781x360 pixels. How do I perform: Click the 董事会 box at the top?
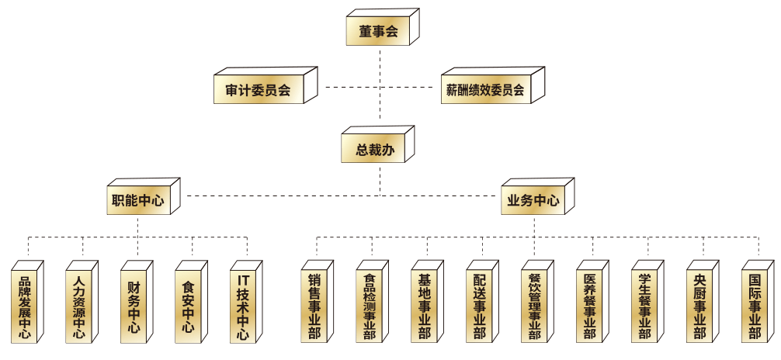point(378,32)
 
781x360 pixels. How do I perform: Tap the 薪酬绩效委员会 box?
point(484,90)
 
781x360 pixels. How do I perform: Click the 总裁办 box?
point(373,150)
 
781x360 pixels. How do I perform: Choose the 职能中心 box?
point(138,200)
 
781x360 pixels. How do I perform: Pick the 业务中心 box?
point(533,200)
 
